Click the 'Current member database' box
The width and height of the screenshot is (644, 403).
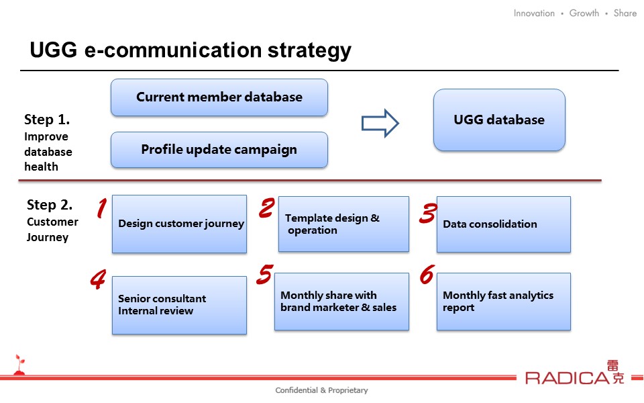point(219,97)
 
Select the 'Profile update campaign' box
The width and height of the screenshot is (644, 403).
point(219,150)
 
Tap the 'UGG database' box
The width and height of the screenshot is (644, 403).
point(499,120)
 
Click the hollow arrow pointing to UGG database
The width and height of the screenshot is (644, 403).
point(380,124)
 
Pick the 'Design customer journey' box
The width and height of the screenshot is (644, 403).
point(180,224)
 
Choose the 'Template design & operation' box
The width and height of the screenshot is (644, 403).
point(343,224)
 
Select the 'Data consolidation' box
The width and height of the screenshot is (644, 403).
point(504,224)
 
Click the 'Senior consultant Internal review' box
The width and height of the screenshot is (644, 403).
point(180,305)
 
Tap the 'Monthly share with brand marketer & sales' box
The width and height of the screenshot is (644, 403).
point(341,302)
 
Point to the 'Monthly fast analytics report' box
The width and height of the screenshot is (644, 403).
point(504,302)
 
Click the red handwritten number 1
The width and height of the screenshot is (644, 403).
point(102,208)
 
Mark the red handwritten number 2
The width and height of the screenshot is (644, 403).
point(266,208)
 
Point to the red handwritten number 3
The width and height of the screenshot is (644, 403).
point(428,214)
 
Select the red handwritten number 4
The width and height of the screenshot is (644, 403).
point(98,279)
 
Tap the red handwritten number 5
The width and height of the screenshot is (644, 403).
point(265,274)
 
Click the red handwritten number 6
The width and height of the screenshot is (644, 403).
point(427,274)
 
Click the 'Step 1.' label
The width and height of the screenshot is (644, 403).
point(47,120)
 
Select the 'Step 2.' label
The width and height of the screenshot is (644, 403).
point(50,204)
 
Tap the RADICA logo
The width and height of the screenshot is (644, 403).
point(575,373)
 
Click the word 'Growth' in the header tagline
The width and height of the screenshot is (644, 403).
point(584,13)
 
